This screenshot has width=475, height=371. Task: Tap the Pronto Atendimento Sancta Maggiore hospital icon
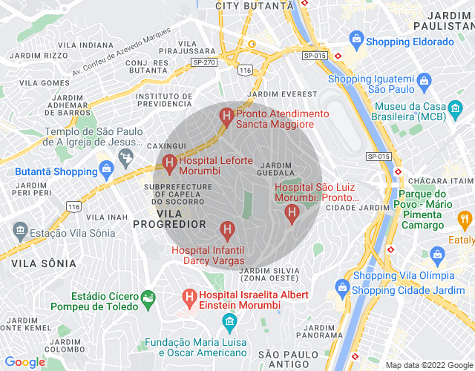pyautogui.click(x=226, y=116)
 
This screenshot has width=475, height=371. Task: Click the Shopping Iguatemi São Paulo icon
pyautogui.click(x=424, y=80)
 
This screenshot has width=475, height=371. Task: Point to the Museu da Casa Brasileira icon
pyautogui.click(x=452, y=113)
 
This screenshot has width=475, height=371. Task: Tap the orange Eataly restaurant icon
pyautogui.click(x=465, y=219)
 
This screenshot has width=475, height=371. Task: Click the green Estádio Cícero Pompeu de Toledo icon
pyautogui.click(x=148, y=298)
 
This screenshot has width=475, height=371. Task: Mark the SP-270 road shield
pyautogui.click(x=203, y=62)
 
